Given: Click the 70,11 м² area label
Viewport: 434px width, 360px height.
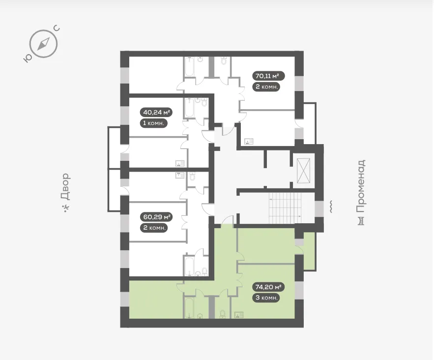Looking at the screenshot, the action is tap(268, 76).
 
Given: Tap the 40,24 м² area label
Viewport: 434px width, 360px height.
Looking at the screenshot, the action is tap(156, 113).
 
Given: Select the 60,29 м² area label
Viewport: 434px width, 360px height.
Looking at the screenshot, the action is tap(156, 217).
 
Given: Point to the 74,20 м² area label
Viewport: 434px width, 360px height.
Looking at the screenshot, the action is tap(268, 287).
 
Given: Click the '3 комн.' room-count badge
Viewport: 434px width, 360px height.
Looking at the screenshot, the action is tap(266, 298).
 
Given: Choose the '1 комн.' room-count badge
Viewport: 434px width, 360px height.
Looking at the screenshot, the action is tap(154, 123).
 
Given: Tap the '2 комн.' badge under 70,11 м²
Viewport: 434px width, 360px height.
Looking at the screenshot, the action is tap(266, 87).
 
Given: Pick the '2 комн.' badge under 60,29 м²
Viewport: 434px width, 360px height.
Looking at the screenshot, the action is tap(154, 228).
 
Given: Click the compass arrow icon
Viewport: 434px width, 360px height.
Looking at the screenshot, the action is tap(43, 44).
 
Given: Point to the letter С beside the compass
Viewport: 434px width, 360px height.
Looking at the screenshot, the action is tap(57, 29).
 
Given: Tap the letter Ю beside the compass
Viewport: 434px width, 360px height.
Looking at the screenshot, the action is tap(27, 58).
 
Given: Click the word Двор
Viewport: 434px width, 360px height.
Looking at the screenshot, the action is tap(65, 187).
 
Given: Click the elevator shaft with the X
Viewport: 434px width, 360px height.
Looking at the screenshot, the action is tap(303, 171).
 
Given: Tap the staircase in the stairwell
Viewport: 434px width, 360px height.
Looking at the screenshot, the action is tap(285, 208).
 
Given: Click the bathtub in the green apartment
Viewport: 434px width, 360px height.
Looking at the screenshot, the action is tap(190, 307).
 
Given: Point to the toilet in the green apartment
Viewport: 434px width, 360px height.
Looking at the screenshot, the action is tap(223, 314).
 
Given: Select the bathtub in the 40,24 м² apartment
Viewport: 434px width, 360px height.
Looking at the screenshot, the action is tap(190, 108).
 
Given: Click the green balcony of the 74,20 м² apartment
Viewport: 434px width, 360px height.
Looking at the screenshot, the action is tap(310, 251).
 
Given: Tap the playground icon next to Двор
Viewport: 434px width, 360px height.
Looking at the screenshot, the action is tap(66, 208).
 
